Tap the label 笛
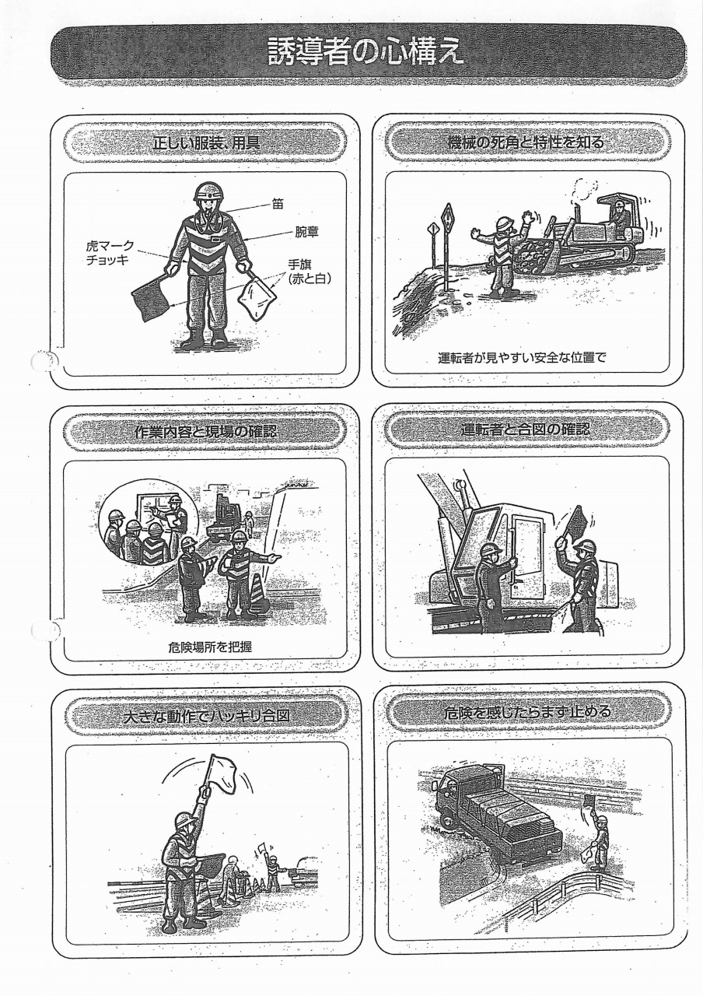click(x=278, y=204)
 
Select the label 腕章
click(x=306, y=232)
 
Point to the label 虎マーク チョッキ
click(x=110, y=253)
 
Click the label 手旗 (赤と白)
click(x=310, y=272)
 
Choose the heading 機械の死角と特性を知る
click(x=526, y=142)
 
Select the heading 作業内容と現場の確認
click(x=205, y=430)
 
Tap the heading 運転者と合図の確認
click(x=526, y=429)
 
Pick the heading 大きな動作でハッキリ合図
click(x=207, y=715)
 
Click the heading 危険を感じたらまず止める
click(x=528, y=712)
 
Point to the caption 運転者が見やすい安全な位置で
click(x=522, y=357)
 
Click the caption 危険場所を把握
click(x=210, y=647)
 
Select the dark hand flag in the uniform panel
click(x=152, y=297)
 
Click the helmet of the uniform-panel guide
click(x=208, y=192)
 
